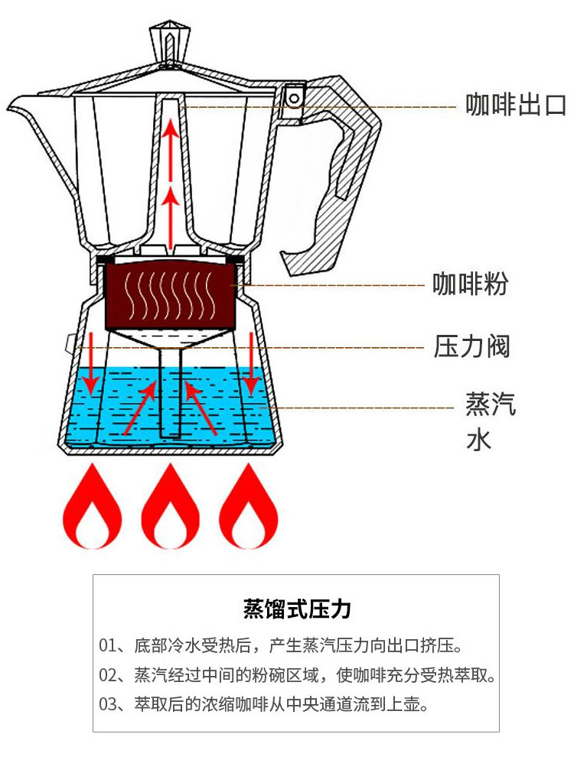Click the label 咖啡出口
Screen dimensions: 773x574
(517, 106)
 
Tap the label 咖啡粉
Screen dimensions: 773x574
(471, 284)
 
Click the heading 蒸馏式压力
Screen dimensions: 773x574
(296, 609)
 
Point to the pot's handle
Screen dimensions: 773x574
(344, 184)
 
